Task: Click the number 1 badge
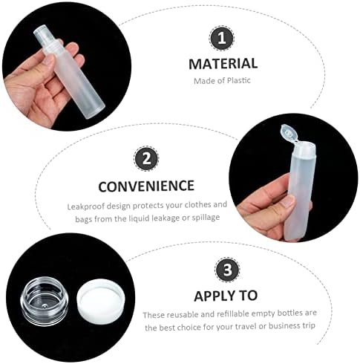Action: pos(221,39)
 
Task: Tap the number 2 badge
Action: pos(146,158)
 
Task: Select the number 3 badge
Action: pos(227,270)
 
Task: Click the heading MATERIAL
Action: pos(223,64)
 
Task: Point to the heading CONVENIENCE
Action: pos(146,186)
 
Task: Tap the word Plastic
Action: pos(239,80)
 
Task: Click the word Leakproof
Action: pos(83,207)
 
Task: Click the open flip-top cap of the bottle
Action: pos(289,134)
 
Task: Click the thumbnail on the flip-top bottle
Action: pos(288,201)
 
